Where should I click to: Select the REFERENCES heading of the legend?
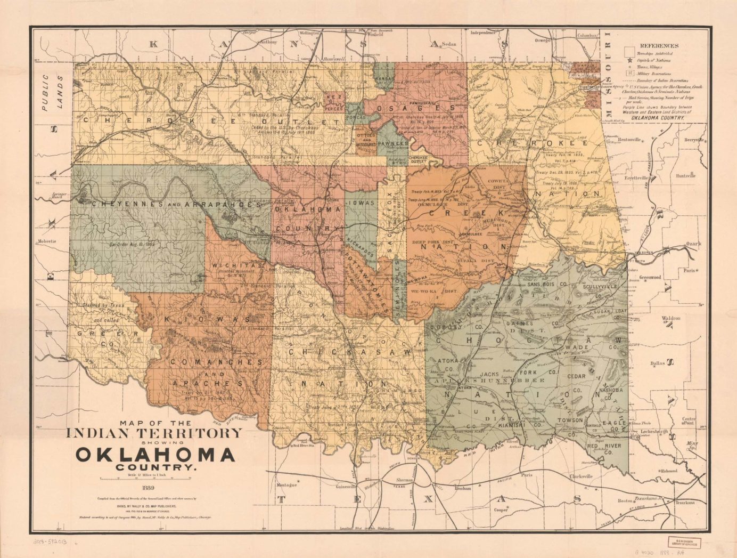(x=659, y=46)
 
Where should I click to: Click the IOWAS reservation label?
(x=361, y=203)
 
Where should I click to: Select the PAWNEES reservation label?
(x=394, y=143)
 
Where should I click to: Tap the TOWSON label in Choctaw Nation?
(x=570, y=420)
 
